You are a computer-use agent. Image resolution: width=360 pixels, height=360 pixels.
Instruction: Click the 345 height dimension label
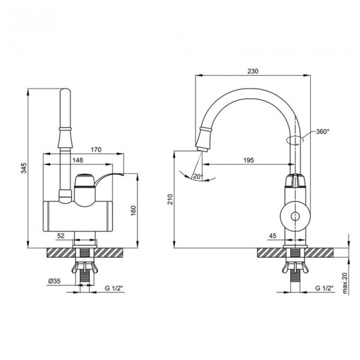click(x=24, y=168)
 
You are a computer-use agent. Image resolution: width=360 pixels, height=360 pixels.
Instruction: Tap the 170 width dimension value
click(x=96, y=150)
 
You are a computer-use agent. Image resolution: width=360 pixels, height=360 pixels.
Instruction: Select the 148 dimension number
click(x=78, y=160)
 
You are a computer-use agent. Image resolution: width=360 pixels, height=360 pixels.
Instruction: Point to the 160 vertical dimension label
click(x=133, y=211)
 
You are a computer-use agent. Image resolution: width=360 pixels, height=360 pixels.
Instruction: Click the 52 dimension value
click(x=60, y=236)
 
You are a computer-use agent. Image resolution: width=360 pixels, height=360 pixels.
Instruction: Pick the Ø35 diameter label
click(x=54, y=281)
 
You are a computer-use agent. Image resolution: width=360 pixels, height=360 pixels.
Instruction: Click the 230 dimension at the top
click(x=253, y=71)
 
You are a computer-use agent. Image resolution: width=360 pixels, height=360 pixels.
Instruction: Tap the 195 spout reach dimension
click(x=248, y=160)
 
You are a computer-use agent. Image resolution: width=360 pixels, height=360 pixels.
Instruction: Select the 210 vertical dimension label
click(x=170, y=199)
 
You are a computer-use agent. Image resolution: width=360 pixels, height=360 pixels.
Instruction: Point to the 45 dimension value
click(x=273, y=236)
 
